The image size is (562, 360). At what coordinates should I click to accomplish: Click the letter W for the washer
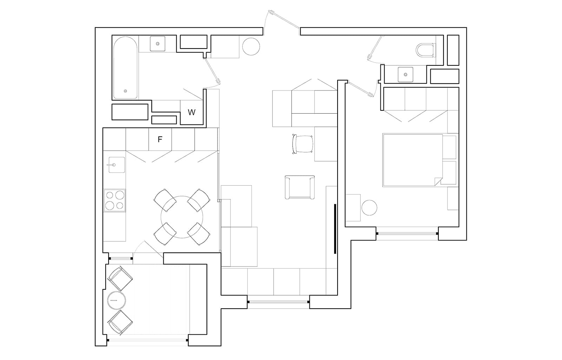tap(192, 112)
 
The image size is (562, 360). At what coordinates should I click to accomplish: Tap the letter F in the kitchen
tap(160, 139)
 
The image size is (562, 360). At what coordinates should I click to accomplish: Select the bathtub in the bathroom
tap(125, 68)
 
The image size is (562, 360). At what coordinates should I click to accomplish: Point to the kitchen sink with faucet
tap(117, 165)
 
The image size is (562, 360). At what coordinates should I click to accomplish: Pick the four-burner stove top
tap(115, 200)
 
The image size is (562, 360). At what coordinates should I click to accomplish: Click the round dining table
tap(182, 217)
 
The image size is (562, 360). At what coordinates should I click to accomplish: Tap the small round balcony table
tap(116, 300)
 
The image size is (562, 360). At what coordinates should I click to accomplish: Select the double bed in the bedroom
tap(413, 160)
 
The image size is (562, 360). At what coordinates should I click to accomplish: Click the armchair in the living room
tap(300, 187)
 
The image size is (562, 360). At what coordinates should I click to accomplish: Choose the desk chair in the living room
tap(302, 144)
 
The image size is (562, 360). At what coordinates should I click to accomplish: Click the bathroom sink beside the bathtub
tap(158, 44)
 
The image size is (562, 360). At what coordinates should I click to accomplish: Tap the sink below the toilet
tap(405, 75)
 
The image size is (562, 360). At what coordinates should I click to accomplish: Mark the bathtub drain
tap(125, 91)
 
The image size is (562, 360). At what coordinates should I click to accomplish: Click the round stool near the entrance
tap(251, 46)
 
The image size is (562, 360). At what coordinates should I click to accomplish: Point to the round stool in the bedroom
tap(369, 208)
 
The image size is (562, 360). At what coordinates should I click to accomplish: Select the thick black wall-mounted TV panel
tap(335, 229)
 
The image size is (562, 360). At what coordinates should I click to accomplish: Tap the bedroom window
tap(407, 234)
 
